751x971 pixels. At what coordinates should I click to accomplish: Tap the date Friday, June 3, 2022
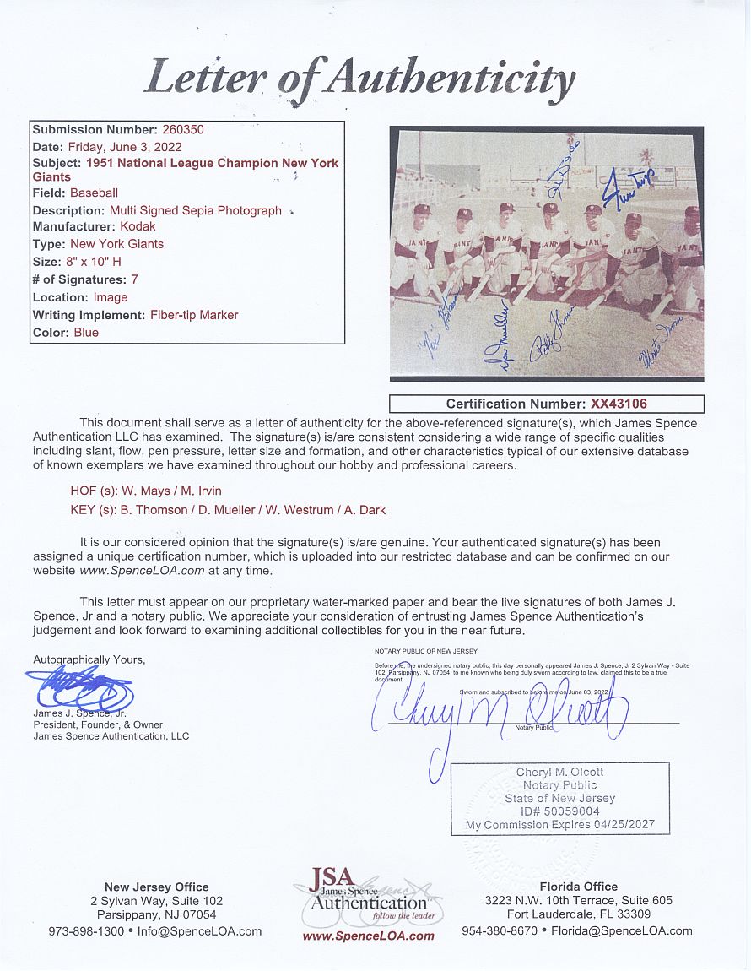pos(126,146)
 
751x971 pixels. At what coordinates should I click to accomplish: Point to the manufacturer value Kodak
pos(138,226)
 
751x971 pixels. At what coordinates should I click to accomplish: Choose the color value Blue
pos(86,332)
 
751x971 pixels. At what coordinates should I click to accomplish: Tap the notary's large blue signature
pos(498,709)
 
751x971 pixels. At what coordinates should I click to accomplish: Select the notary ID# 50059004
pos(560,811)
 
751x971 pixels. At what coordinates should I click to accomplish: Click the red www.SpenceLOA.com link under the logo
pos(368,936)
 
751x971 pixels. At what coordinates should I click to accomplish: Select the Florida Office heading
pos(576,887)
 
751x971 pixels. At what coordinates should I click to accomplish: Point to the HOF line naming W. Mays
pos(146,491)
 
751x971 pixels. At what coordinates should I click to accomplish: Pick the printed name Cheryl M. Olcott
pos(559,772)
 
